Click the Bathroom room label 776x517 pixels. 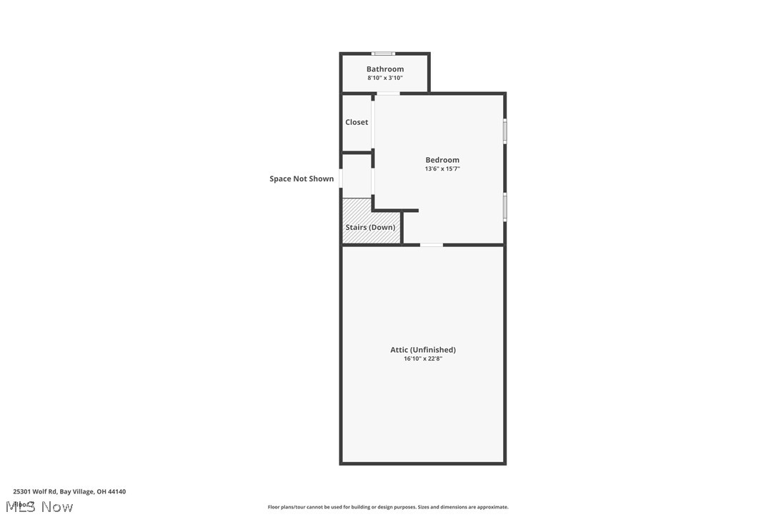[x=385, y=69]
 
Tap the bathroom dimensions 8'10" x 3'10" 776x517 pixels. [x=385, y=78]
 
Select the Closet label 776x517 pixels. [x=357, y=122]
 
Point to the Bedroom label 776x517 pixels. [x=442, y=160]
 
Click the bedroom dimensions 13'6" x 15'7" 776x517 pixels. [x=442, y=169]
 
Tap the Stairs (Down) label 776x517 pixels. [x=370, y=227]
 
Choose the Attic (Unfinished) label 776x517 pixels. [x=423, y=350]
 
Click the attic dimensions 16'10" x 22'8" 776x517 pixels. [x=423, y=358]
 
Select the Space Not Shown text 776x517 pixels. [x=302, y=179]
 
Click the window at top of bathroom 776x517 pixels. [x=384, y=54]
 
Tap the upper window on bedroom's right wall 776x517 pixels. [x=504, y=131]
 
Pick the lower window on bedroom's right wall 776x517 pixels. [x=504, y=206]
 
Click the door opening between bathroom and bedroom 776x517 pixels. [x=388, y=94]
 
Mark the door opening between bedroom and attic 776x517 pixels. [x=431, y=245]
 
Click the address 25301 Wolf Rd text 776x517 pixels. [x=69, y=491]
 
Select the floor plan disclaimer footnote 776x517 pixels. [x=388, y=507]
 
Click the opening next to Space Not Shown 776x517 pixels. [x=341, y=178]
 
